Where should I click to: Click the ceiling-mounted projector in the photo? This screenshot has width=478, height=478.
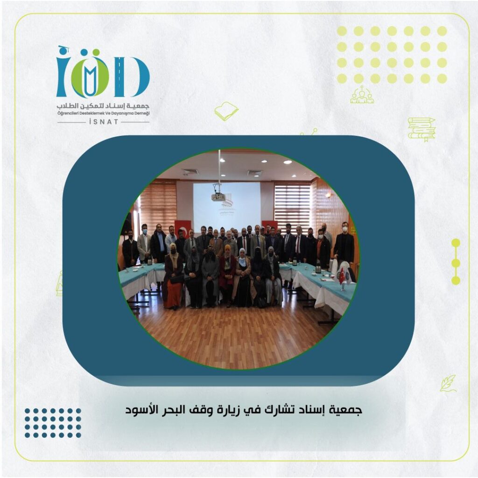click(218, 197)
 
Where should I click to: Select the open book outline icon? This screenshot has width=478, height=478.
click(226, 111)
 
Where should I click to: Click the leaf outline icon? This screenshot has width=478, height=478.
click(448, 384)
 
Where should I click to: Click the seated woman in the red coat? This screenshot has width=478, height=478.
click(227, 274)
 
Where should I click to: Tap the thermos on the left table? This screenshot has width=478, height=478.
click(150, 261)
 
